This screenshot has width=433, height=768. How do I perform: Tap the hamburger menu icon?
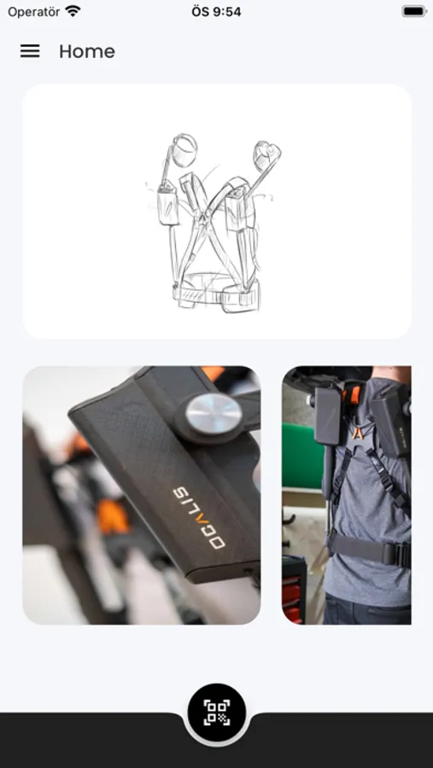30,51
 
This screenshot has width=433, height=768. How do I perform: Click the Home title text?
87,51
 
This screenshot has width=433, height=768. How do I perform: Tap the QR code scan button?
217,713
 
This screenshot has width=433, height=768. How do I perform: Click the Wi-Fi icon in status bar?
73,11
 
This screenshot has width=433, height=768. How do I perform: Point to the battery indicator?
414,11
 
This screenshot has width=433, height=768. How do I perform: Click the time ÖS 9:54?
216,11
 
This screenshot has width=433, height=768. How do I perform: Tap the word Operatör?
34,11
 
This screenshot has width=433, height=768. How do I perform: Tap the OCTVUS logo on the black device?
199,517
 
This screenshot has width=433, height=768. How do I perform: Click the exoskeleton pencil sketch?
214,223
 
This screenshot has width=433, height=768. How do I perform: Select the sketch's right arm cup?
266,155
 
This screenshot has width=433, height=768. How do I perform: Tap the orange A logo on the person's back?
359,433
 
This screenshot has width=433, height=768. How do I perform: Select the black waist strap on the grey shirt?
369,550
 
